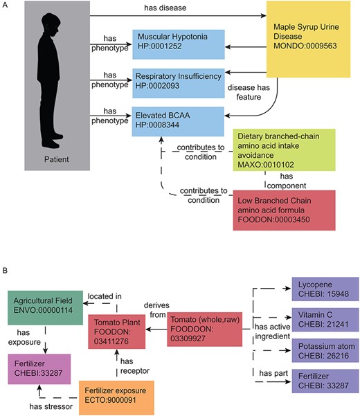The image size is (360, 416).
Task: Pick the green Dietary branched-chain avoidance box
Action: [x=285, y=152]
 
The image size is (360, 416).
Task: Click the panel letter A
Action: [x=6, y=5]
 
